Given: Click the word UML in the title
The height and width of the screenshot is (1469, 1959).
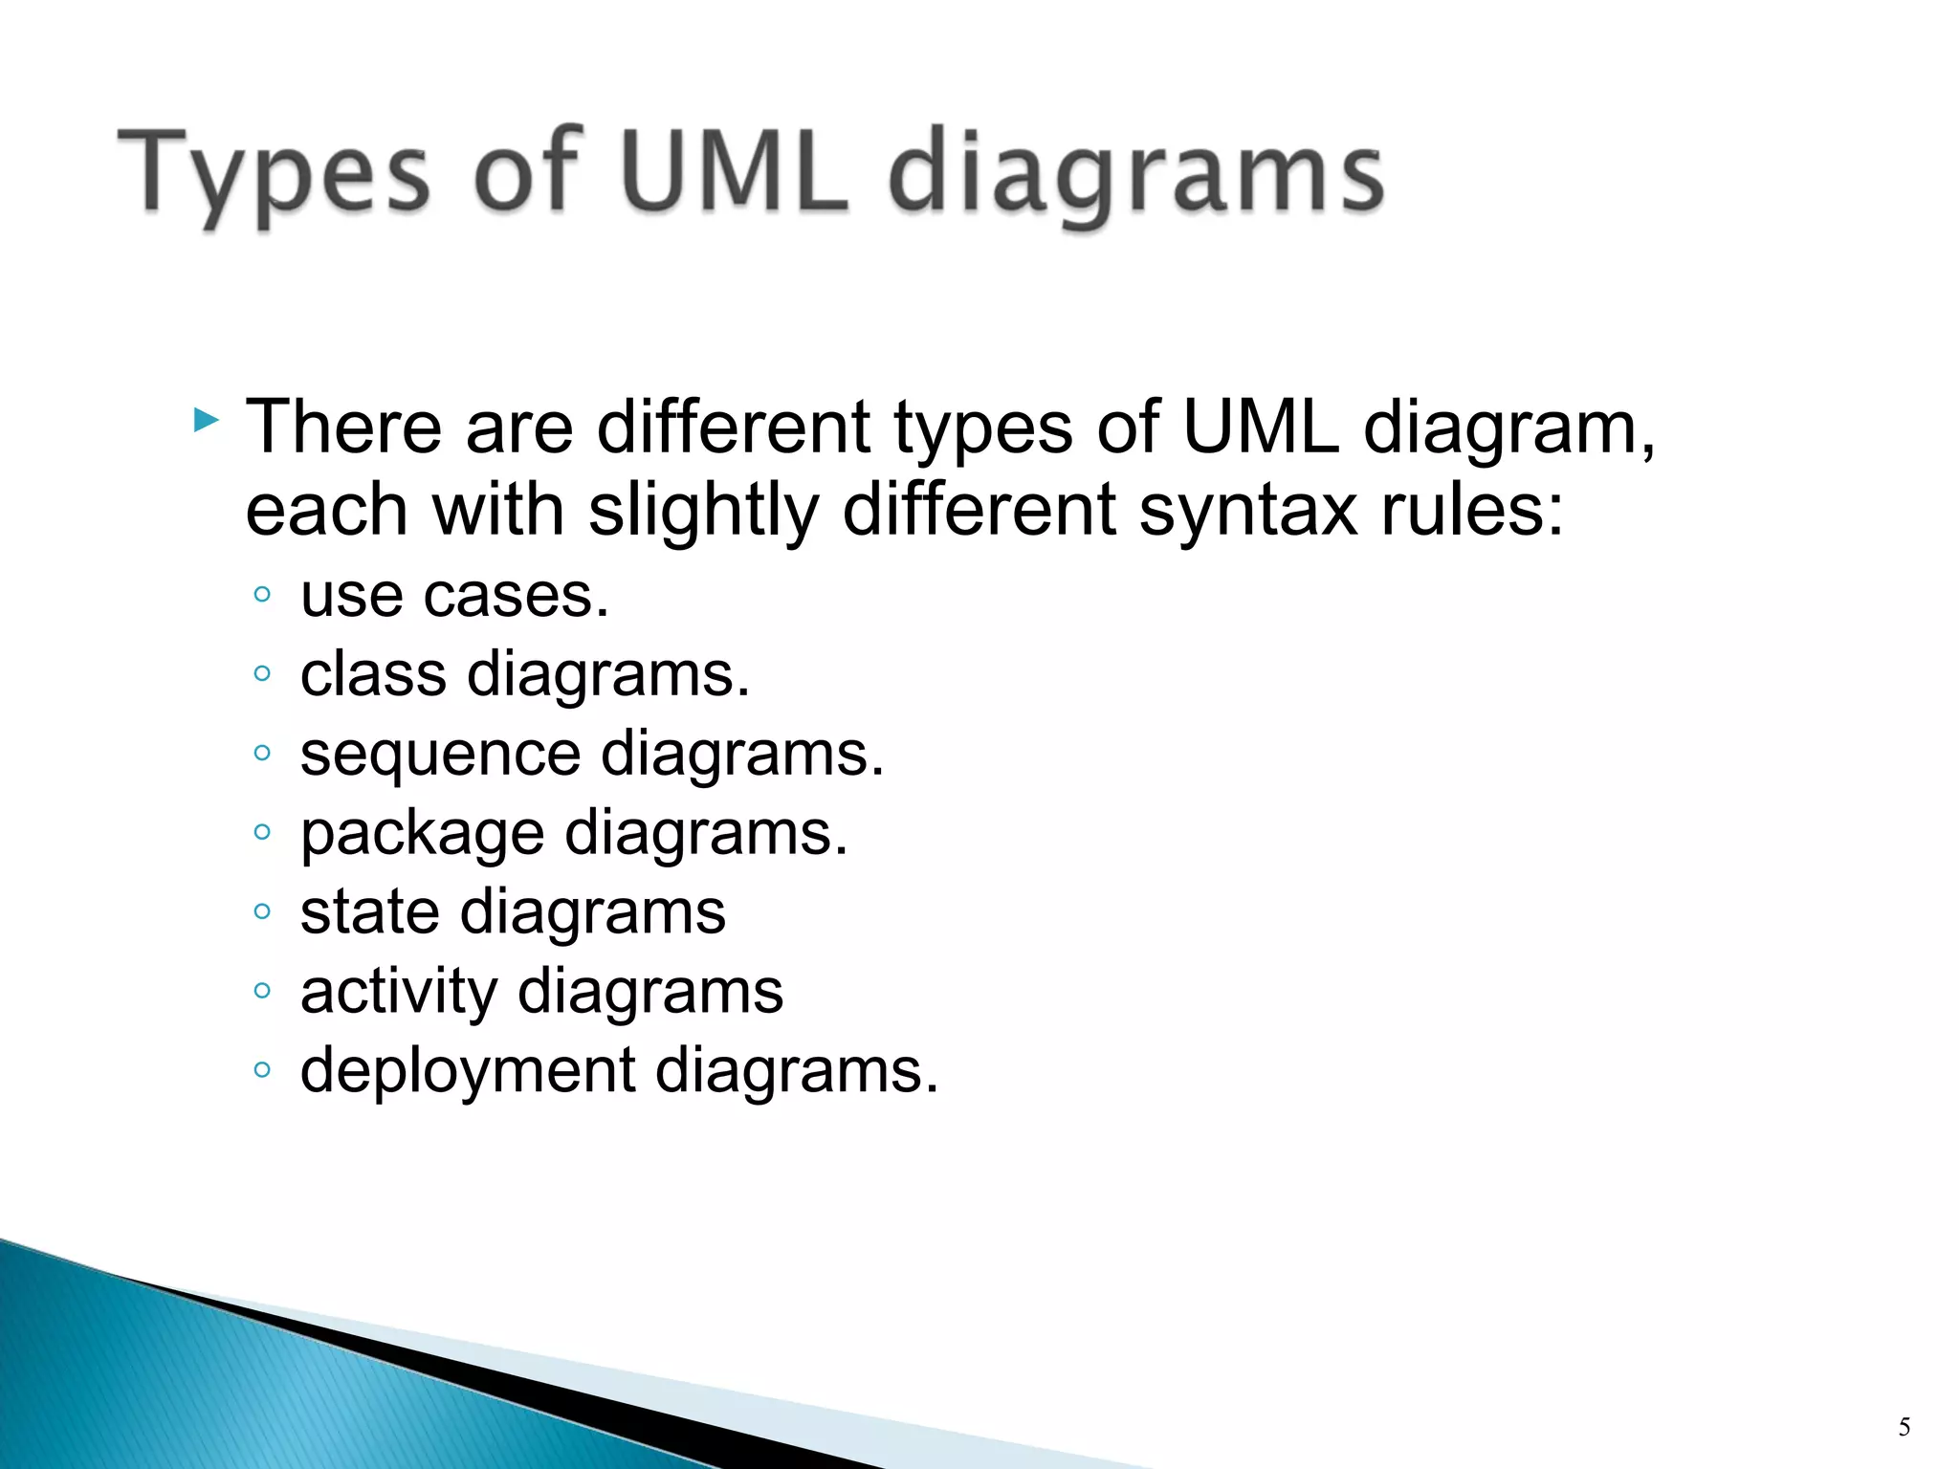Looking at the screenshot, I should coord(735,172).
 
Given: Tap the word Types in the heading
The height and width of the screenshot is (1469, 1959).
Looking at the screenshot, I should coord(274,177).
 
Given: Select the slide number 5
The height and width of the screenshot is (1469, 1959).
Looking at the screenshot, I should coord(1904,1428).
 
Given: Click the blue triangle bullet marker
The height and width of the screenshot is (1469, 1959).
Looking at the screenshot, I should coord(206,420).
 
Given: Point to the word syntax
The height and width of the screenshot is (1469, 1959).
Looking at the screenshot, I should coord(1248,510).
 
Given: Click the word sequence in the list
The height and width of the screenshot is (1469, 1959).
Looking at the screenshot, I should coord(440,756).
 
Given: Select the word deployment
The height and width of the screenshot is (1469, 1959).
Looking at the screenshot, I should coord(468,1070).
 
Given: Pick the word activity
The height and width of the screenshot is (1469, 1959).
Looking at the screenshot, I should coord(398,991).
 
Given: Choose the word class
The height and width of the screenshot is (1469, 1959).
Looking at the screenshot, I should coord(373,674).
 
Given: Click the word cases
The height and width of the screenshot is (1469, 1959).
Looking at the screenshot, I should coord(516,596).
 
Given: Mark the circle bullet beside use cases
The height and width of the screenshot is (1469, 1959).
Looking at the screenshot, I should coord(262,595).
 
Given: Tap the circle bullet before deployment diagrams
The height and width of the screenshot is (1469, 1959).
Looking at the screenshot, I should coord(262,1069).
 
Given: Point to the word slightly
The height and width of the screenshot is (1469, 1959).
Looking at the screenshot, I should coord(703,510).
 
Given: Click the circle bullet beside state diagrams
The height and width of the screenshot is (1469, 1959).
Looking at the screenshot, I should coord(262,911).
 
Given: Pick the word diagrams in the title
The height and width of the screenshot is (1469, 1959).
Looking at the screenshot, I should coord(1135,177).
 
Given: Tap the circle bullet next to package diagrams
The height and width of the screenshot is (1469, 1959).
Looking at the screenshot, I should coord(262,832).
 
